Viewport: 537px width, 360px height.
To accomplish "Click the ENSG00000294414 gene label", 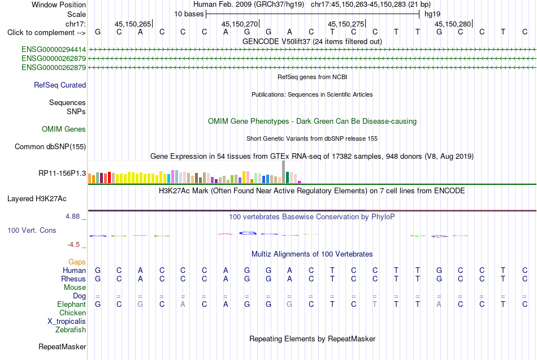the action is click(x=54, y=50).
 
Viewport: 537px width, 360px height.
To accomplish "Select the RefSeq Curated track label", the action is click(x=60, y=85).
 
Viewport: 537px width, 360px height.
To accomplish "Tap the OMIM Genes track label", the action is click(x=64, y=129).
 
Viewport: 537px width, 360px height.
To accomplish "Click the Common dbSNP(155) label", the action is click(x=50, y=146).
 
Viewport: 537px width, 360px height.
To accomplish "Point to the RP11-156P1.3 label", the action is click(x=62, y=174).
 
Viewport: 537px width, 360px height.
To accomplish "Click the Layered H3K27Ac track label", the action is click(x=37, y=199).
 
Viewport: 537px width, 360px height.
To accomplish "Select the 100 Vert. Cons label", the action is click(x=32, y=230).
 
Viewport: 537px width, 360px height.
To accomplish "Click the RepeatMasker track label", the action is click(x=62, y=346).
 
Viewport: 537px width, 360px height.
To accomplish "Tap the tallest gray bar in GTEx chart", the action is click(x=284, y=172).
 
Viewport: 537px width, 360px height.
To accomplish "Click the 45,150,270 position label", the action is click(x=240, y=24).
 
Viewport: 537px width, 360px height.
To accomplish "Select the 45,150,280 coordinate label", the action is click(x=453, y=24).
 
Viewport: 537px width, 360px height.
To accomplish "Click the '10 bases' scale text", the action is click(x=189, y=14).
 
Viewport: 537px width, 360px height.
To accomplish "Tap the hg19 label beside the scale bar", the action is click(x=432, y=14).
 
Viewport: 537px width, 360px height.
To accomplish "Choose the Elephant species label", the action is click(x=72, y=304).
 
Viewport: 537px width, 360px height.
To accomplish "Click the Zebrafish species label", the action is click(x=71, y=329).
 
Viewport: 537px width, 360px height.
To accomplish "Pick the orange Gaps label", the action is click(x=77, y=262).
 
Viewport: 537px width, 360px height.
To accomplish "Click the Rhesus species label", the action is click(x=73, y=279).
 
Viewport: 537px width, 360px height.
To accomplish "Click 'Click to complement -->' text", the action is click(x=46, y=33).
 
